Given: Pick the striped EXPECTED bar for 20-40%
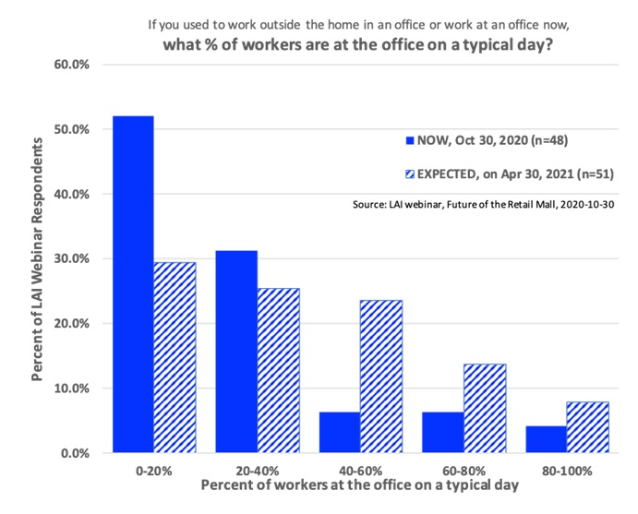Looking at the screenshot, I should (279, 370).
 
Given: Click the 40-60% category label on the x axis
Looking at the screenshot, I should (362, 470).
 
